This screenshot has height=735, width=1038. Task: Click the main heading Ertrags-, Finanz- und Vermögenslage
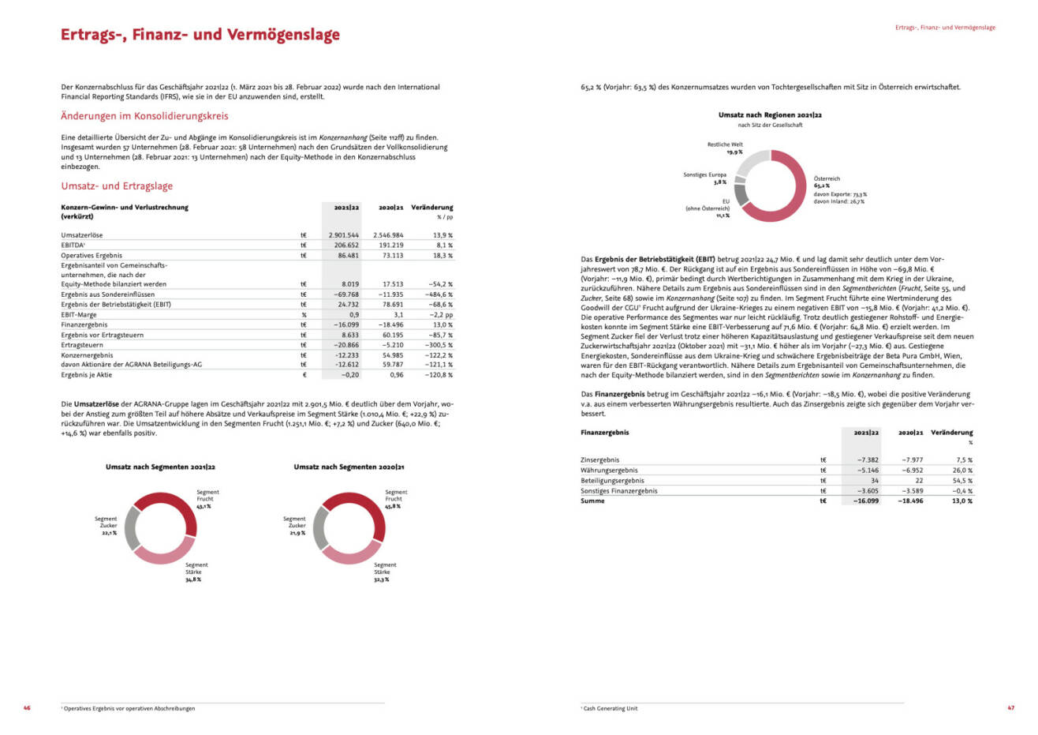tap(200, 35)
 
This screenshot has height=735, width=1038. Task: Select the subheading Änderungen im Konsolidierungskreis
tap(144, 116)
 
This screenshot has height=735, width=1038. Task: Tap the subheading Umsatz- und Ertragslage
tap(117, 186)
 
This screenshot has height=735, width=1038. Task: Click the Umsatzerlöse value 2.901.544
tap(343, 235)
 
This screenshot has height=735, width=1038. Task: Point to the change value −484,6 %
tap(439, 294)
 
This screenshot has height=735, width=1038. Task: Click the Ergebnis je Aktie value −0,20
tap(349, 375)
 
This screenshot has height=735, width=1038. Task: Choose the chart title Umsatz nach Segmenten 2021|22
tap(160, 467)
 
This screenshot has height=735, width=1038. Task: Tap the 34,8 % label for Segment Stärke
tap(193, 579)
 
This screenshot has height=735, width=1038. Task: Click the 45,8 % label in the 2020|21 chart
tap(393, 506)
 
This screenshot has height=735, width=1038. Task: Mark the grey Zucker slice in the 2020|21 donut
tap(320, 528)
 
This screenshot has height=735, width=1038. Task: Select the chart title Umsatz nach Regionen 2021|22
tap(770, 114)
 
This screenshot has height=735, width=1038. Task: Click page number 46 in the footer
tap(27, 708)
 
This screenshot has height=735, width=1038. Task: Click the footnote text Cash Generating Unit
tap(610, 708)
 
